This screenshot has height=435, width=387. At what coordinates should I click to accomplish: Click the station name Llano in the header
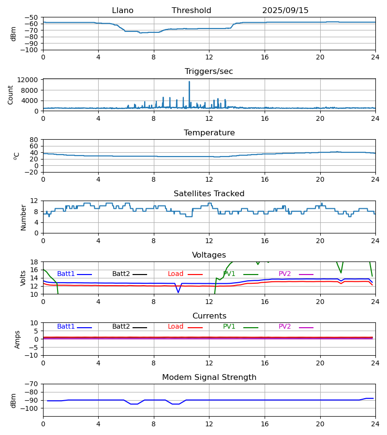click(122, 11)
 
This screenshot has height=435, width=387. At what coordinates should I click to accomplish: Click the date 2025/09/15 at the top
click(285, 11)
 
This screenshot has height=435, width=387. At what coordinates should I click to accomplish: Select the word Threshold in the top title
click(191, 11)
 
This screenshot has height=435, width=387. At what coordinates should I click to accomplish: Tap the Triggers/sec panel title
click(208, 72)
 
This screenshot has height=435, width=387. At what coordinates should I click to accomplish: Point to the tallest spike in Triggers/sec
click(189, 82)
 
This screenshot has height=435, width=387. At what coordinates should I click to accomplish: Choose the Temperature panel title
click(209, 133)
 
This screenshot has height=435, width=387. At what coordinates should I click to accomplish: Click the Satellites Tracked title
click(209, 194)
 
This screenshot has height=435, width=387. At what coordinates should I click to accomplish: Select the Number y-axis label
click(24, 217)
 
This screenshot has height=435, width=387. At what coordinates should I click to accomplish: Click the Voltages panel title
click(209, 255)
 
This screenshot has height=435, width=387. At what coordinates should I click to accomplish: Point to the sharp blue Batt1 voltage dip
click(178, 292)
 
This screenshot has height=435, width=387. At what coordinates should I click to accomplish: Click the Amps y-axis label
click(18, 339)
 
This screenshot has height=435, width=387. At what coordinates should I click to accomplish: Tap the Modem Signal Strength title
click(209, 377)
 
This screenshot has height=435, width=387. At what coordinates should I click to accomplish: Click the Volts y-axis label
click(24, 278)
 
